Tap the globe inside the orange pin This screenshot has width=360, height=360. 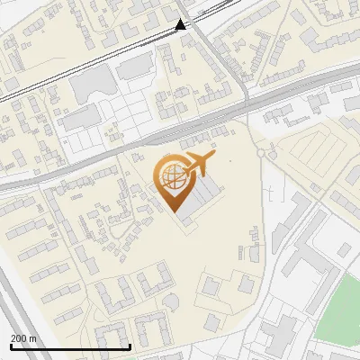(170, 177)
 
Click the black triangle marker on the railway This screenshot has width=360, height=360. (181, 24)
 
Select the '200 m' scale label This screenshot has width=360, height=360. (23, 338)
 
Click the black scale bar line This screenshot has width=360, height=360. (70, 346)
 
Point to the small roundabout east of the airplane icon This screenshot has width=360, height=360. (262, 154)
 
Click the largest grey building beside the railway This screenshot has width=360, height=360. (90, 85)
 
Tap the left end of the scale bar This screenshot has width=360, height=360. (11, 346)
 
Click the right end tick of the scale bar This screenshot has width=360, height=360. (130, 346)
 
